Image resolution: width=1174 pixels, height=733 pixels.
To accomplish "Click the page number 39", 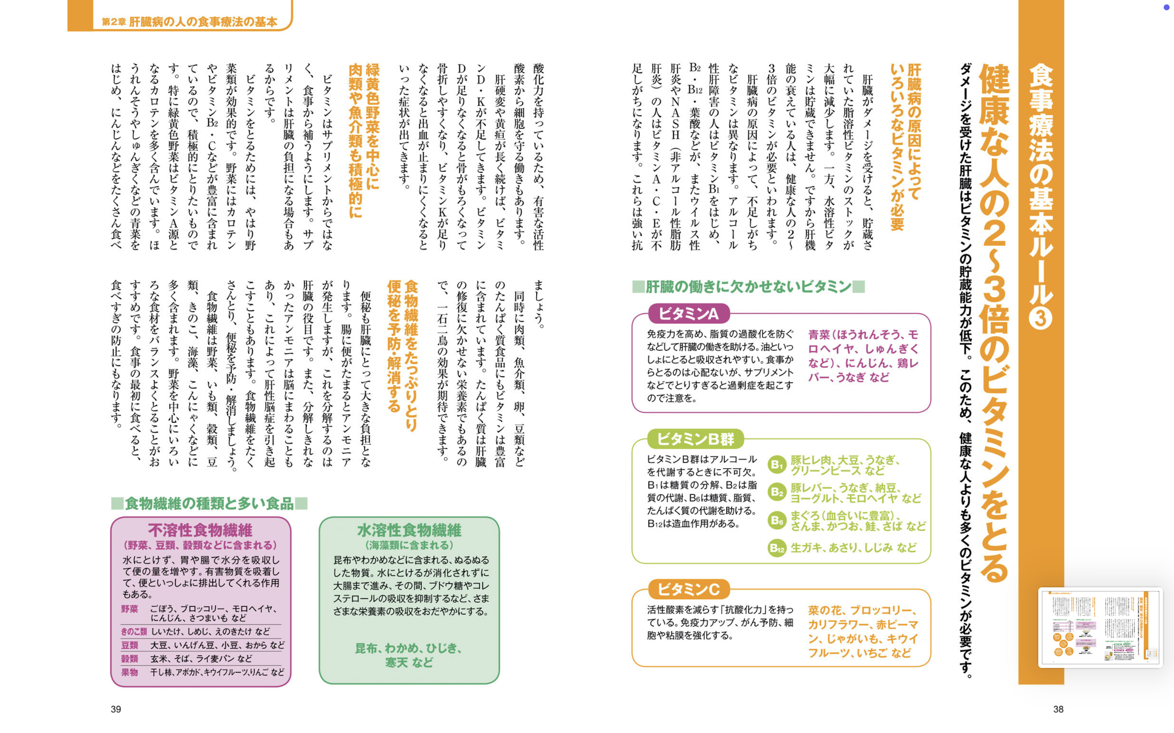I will tap(116, 709).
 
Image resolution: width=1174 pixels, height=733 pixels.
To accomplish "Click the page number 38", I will tap(1058, 709).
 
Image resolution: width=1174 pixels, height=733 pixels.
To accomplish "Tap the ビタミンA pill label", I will tap(688, 314).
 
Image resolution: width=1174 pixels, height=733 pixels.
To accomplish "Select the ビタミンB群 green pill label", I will tap(695, 439).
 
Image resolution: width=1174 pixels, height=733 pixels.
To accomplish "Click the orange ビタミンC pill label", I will tap(688, 590).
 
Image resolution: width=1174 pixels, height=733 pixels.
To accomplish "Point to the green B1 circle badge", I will tap(777, 465).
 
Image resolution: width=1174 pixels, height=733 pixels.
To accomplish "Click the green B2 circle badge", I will tap(777, 492).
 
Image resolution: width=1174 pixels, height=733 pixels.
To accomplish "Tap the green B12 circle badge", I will tap(777, 548).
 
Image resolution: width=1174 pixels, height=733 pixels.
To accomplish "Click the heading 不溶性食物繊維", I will tap(200, 530).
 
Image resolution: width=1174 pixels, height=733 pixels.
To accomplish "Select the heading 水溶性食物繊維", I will tap(409, 530).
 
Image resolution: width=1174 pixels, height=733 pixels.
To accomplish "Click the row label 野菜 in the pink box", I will tap(129, 609).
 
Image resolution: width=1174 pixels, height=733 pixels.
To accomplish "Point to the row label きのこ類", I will tap(134, 631).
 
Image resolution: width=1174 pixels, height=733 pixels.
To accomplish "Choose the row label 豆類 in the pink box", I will tap(129, 645).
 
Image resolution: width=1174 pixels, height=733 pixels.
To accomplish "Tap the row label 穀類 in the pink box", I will tap(129, 659).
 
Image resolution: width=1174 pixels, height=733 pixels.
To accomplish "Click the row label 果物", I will tap(129, 673).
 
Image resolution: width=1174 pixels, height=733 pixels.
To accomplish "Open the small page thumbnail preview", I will tap(1100, 627).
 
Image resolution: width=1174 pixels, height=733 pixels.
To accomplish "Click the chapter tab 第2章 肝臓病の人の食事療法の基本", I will tap(189, 22).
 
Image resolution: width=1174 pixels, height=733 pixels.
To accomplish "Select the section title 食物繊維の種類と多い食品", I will tap(209, 503).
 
